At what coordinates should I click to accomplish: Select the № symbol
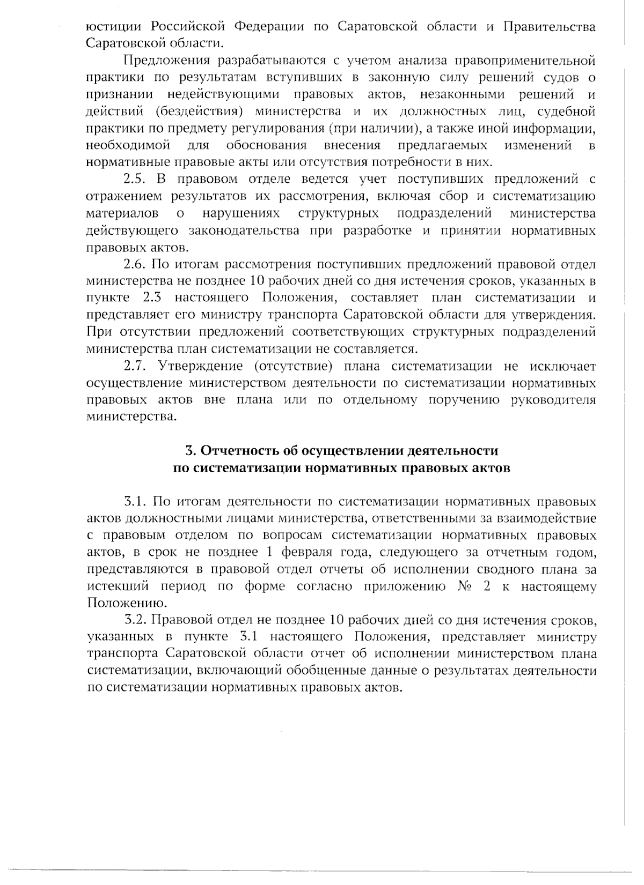tap(465, 586)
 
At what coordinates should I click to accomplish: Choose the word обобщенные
tap(330, 671)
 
